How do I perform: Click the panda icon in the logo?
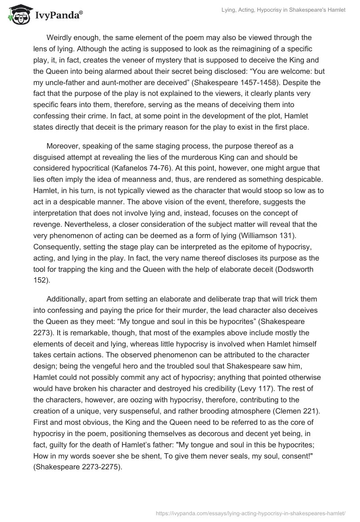click(x=18, y=15)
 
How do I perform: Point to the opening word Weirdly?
click(x=63, y=37)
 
